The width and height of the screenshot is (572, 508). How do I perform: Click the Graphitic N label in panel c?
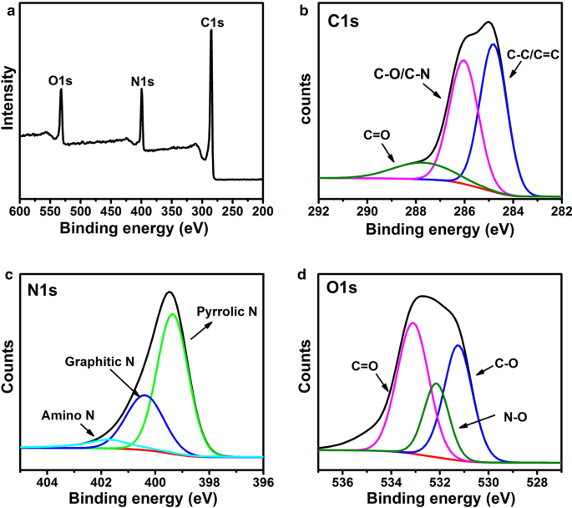click(x=99, y=363)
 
